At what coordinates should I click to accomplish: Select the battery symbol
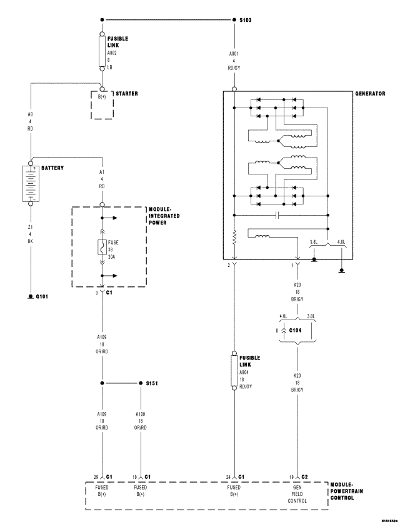(30, 183)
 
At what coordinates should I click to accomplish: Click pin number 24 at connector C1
(228, 477)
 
